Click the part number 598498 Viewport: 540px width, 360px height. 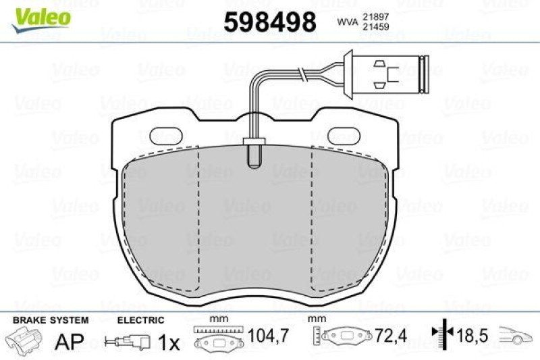click(270, 23)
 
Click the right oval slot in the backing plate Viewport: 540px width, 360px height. click(349, 135)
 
